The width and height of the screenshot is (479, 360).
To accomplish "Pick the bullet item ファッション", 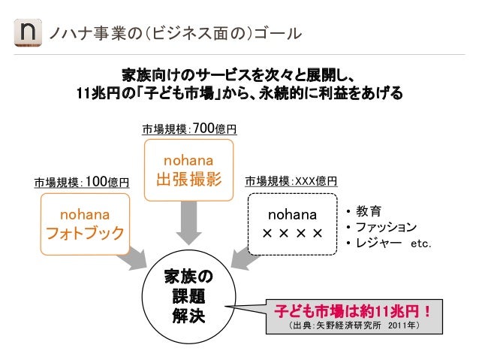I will coord(386,226).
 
